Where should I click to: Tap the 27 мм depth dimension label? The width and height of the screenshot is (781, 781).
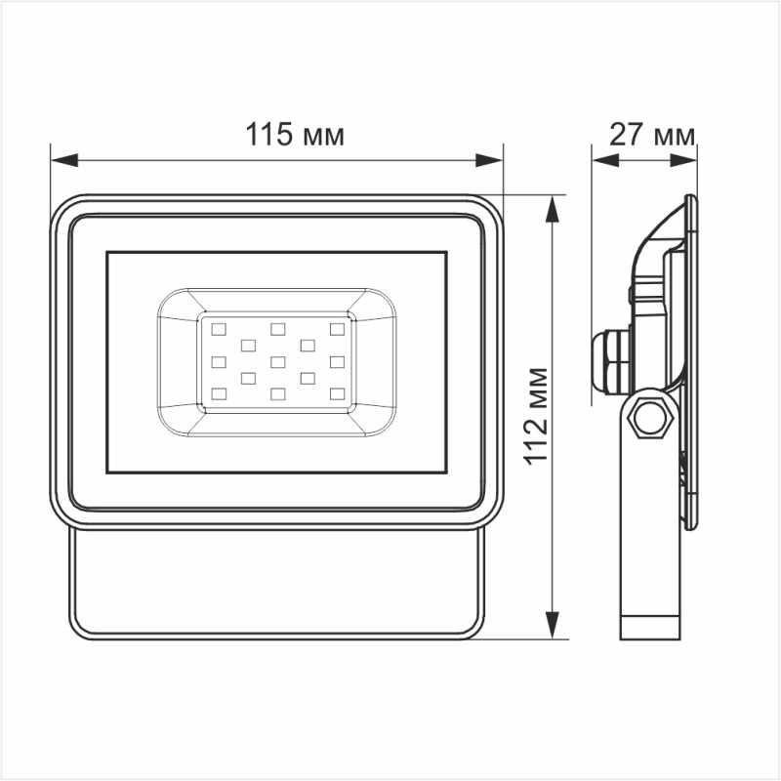pos(651,135)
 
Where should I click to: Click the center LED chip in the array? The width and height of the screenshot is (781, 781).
pos(278,361)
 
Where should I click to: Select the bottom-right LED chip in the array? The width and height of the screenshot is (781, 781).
pos(338,393)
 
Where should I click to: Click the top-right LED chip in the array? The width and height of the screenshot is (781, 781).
pos(338,328)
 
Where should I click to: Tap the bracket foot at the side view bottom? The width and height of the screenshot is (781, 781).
pos(650,626)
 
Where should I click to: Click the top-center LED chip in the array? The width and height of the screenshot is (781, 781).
pos(278,328)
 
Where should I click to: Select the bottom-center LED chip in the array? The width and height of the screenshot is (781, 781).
pos(278,393)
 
